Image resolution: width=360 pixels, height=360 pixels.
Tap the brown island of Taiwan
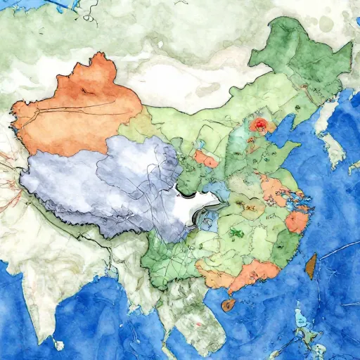click(x=307, y=264)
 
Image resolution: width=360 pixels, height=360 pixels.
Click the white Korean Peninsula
click(x=327, y=127)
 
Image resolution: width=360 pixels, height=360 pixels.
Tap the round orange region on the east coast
click(x=297, y=221)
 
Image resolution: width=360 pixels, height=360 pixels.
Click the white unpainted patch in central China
click(x=197, y=207)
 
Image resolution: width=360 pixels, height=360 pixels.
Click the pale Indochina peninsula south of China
click(x=190, y=316)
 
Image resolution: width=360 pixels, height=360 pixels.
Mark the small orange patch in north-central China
click(x=206, y=159)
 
